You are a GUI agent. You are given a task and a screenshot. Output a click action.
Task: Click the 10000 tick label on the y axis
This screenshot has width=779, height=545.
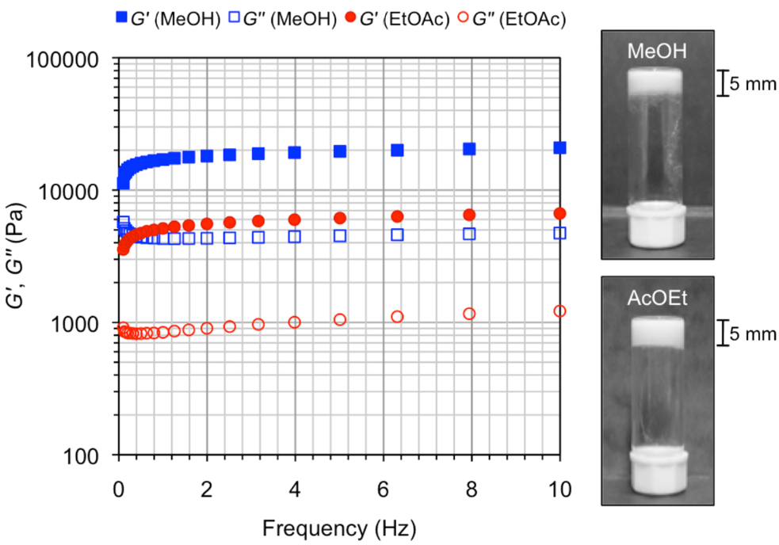coord(73,192)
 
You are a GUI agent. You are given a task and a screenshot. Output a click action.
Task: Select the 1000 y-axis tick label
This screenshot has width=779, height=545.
coord(78,324)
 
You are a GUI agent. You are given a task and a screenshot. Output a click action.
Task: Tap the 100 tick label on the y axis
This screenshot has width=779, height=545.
coord(82,455)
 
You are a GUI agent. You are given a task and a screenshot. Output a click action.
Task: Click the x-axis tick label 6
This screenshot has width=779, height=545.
coord(384,488)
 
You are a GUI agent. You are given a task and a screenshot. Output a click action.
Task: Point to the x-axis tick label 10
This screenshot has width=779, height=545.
coord(560,488)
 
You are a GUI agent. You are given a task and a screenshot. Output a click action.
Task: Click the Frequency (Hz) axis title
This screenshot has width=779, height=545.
coord(338,526)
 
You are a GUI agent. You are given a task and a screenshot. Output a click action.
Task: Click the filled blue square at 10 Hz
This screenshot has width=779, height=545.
coord(560,147)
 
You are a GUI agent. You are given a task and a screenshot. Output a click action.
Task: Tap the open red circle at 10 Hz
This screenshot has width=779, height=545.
coord(560,311)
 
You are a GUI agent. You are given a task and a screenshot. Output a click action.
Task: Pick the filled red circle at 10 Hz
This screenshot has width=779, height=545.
coord(560,213)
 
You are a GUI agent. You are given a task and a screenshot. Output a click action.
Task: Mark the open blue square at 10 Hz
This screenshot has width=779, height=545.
coord(560,233)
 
